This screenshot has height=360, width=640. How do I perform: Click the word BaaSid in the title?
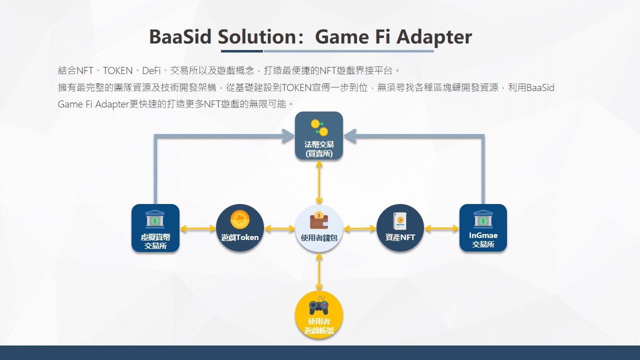coord(180,37)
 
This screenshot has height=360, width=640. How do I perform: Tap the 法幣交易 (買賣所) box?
coord(319,135)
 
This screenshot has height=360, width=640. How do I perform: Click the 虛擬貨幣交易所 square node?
coord(155,228)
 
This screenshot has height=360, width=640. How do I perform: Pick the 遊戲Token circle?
coord(240,228)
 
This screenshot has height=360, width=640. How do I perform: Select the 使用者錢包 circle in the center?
coord(319,228)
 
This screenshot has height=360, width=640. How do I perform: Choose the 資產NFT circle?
coord(400,228)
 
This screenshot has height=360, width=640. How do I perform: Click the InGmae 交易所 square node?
coord(483,228)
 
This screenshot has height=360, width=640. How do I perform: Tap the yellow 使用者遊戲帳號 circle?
coord(319,314)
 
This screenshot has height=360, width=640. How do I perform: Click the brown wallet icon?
coord(319,220)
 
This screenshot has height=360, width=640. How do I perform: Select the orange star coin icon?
coord(240,219)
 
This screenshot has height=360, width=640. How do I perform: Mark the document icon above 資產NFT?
coord(399,221)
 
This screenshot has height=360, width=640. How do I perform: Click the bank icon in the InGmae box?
coord(483,219)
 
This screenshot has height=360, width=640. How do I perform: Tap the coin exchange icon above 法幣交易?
coord(319,127)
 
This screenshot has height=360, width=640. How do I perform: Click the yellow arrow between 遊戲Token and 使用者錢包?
coord(279,228)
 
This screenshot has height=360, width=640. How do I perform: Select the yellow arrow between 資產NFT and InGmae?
coord(441,228)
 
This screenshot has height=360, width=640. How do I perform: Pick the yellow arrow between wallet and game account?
coord(319,271)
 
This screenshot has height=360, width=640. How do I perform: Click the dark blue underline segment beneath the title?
coord(242,51)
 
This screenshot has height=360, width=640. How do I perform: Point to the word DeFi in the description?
coord(151,70)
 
